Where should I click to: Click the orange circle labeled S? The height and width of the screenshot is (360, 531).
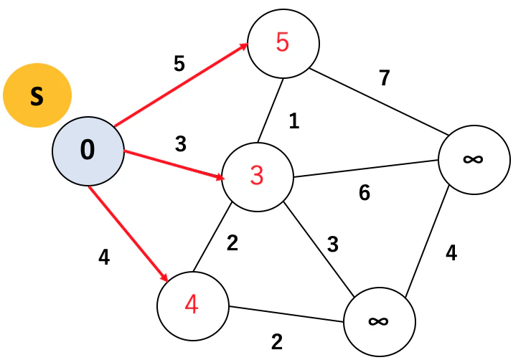point(37,95)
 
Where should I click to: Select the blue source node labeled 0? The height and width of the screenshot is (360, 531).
point(88,151)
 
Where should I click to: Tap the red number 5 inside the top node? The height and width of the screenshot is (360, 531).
point(283,42)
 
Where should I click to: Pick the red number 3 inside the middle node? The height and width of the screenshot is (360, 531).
point(257,176)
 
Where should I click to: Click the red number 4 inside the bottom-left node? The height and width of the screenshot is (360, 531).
point(192,304)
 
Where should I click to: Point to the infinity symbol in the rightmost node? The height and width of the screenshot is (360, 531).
point(473,158)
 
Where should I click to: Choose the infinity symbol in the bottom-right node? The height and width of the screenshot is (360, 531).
point(378,321)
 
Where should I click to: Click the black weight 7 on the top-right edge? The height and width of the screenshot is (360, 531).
point(385,78)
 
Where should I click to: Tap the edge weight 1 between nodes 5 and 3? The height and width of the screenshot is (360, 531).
point(294,120)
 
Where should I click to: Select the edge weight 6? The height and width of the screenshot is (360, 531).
point(365,193)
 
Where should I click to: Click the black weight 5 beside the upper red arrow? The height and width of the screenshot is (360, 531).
point(179,63)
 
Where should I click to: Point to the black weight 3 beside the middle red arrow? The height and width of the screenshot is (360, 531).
point(181,144)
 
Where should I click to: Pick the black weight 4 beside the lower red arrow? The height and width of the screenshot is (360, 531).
point(104,257)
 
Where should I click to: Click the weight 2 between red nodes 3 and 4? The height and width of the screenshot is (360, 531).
point(232,243)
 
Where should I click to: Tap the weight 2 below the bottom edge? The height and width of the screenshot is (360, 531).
point(277,342)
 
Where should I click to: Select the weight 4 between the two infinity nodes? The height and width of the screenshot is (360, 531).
point(451,252)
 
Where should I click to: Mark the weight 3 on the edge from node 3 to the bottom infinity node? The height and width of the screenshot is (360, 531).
point(332,245)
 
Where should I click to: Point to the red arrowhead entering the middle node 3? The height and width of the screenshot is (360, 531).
point(220,177)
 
